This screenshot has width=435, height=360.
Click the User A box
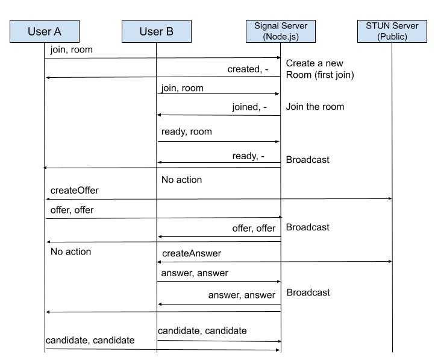coord(45,31)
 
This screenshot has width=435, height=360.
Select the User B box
coord(157,31)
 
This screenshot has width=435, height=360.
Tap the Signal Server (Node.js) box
coord(281,31)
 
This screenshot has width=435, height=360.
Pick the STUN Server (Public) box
coord(391,31)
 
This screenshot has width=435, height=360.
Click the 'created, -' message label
coord(248,69)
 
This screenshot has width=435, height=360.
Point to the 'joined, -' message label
coord(249,107)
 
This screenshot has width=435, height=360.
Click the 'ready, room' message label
coord(186,131)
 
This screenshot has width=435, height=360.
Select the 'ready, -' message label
coord(248,156)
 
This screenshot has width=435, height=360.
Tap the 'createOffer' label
coord(74,190)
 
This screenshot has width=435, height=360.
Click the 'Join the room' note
coord(315,107)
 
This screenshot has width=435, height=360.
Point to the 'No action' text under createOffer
coord(70,251)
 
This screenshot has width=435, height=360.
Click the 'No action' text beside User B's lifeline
coord(181,180)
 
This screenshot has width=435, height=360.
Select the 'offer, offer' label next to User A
coord(72,210)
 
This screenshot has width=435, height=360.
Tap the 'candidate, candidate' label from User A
coord(90,341)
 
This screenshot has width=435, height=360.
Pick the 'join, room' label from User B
coord(183,88)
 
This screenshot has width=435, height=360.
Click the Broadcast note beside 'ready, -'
coord(307,160)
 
